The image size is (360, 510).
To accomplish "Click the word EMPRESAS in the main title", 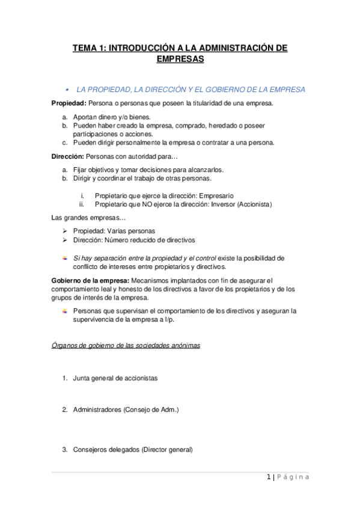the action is [180, 60].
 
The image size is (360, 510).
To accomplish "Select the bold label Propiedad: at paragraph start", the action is [69, 103].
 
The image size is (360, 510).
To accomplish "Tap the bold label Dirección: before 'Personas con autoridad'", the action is [68, 157].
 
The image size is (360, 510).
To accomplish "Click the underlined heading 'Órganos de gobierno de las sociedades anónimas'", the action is [126, 345].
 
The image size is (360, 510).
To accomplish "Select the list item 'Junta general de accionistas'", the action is [115, 379].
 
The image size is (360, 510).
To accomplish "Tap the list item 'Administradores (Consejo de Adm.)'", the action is [126, 410].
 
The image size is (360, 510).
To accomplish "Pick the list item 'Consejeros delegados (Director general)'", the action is [132, 449].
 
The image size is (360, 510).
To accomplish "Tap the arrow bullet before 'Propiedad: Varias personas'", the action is [65, 231].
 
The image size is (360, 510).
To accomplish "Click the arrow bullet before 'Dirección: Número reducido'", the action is [65, 240].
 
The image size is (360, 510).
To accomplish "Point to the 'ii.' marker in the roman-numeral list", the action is [82, 204].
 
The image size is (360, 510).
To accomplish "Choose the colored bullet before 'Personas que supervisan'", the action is [65, 311].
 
